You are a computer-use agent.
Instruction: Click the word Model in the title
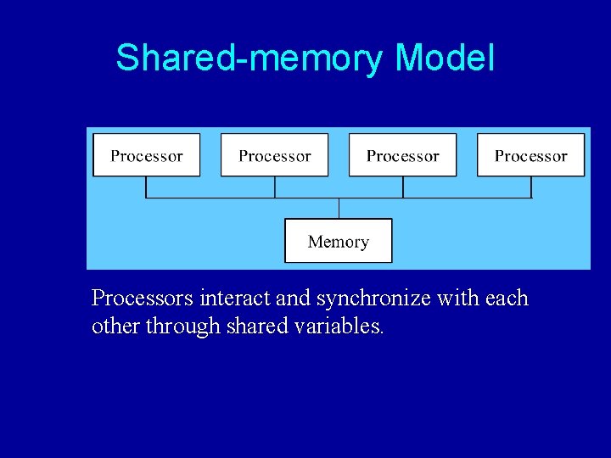[444, 59]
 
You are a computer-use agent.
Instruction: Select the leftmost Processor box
[147, 155]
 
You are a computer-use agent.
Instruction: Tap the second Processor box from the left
[274, 155]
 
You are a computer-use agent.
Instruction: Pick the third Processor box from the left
[402, 155]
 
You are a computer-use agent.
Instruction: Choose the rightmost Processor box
[530, 155]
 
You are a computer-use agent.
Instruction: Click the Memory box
[338, 241]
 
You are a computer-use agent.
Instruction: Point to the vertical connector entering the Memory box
[339, 209]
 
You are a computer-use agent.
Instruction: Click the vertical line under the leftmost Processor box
[147, 187]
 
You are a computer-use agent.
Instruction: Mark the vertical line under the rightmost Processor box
[531, 187]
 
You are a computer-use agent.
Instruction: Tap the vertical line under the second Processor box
[274, 187]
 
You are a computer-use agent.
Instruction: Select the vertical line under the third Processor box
[403, 187]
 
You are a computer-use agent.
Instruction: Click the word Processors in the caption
[143, 299]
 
